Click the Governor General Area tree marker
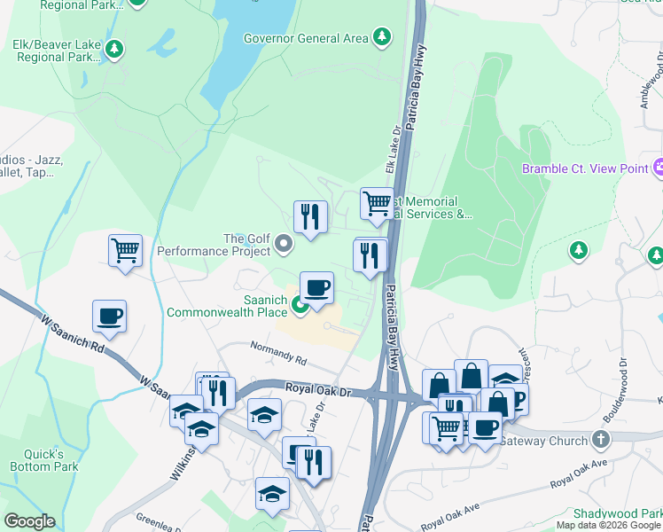(x=381, y=37)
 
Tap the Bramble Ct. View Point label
(x=584, y=168)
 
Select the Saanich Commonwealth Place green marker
(x=300, y=306)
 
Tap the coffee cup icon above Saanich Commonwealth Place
(x=316, y=287)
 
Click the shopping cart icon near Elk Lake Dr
(x=377, y=203)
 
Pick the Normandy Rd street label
(x=277, y=355)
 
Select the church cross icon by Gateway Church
(x=601, y=440)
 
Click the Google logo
(x=30, y=521)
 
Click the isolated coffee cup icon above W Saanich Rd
(x=109, y=316)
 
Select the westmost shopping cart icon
(x=125, y=250)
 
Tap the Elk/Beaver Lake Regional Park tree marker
(x=113, y=49)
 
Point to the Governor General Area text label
(x=306, y=38)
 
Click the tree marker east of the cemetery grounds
(x=579, y=251)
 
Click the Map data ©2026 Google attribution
(x=607, y=525)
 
